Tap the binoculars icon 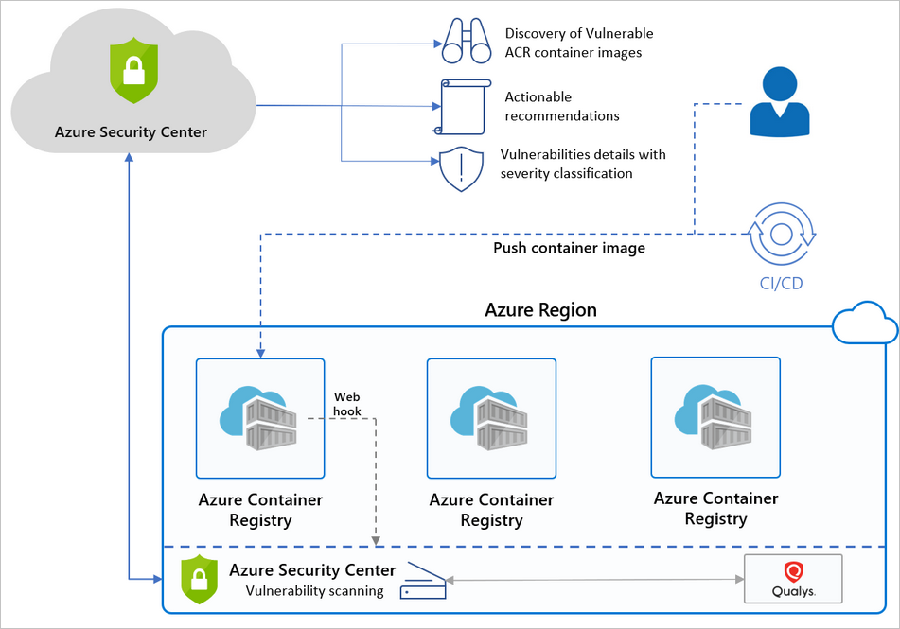pos(465,41)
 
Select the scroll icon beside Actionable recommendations pos(463,106)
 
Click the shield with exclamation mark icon pos(463,168)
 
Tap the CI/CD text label pos(782,283)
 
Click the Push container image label pos(569,249)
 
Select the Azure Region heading pos(540,310)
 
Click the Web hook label pos(346,405)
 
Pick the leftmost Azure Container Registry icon pos(260,417)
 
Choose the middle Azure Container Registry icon pos(491,418)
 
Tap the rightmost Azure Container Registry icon pos(715,417)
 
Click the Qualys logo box pos(793,579)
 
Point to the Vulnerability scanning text pos(314,591)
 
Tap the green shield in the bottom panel pos(200,579)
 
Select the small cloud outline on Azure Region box pos(863,325)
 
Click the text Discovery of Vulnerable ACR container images pos(578,44)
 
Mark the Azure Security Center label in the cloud pos(131,132)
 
